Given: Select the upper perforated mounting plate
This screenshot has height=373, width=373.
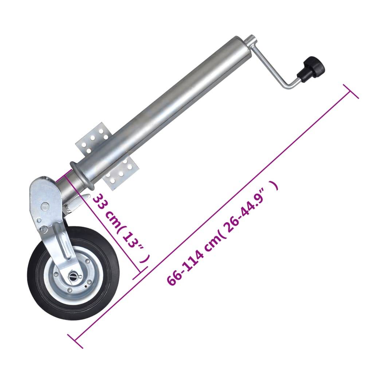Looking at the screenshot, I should pyautogui.click(x=93, y=140).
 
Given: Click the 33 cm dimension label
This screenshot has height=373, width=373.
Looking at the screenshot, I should pyautogui.click(x=109, y=215).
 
